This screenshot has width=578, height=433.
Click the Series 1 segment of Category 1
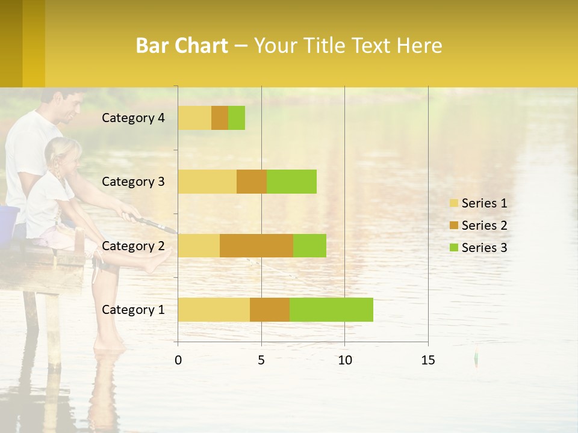tap(214, 310)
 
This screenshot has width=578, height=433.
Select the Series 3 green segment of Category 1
tap(331, 310)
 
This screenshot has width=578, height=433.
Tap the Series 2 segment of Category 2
tap(256, 245)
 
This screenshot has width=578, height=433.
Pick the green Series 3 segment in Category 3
tap(291, 182)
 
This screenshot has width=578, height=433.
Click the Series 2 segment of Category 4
tap(220, 118)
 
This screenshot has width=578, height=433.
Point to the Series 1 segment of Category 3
tap(207, 182)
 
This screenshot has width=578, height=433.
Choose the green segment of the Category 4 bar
tap(237, 118)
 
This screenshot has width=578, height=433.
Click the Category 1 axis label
tap(133, 310)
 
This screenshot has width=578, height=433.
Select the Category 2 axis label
tap(133, 245)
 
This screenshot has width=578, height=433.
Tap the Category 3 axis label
tap(133, 182)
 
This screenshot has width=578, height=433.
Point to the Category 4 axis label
tap(133, 118)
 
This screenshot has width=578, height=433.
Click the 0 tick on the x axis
tap(178, 360)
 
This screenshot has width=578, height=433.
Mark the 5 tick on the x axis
tap(261, 360)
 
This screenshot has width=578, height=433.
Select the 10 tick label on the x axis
tap(344, 360)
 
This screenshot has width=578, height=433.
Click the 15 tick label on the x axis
tap(427, 360)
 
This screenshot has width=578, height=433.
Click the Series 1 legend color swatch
tap(453, 203)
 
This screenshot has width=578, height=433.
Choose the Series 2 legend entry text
tap(485, 226)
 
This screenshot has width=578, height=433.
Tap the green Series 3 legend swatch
tap(453, 248)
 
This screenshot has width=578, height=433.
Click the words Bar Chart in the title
tap(182, 46)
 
